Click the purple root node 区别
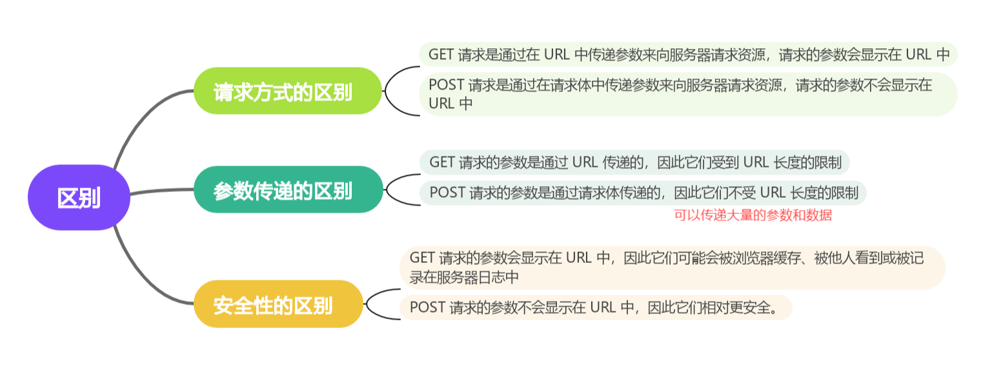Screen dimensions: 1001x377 [79, 197]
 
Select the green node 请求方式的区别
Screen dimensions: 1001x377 [288, 91]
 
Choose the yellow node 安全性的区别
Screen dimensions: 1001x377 [278, 304]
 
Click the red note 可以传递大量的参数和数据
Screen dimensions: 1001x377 [753, 216]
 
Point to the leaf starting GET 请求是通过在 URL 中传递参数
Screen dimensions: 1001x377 [688, 55]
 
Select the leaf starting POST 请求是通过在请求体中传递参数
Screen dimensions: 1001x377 [688, 94]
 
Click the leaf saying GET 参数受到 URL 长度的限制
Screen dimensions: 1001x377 [635, 162]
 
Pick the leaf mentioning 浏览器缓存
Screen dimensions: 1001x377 [672, 267]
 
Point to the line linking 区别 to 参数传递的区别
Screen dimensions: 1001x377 [161, 191]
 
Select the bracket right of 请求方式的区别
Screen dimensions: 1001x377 [395, 91]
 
